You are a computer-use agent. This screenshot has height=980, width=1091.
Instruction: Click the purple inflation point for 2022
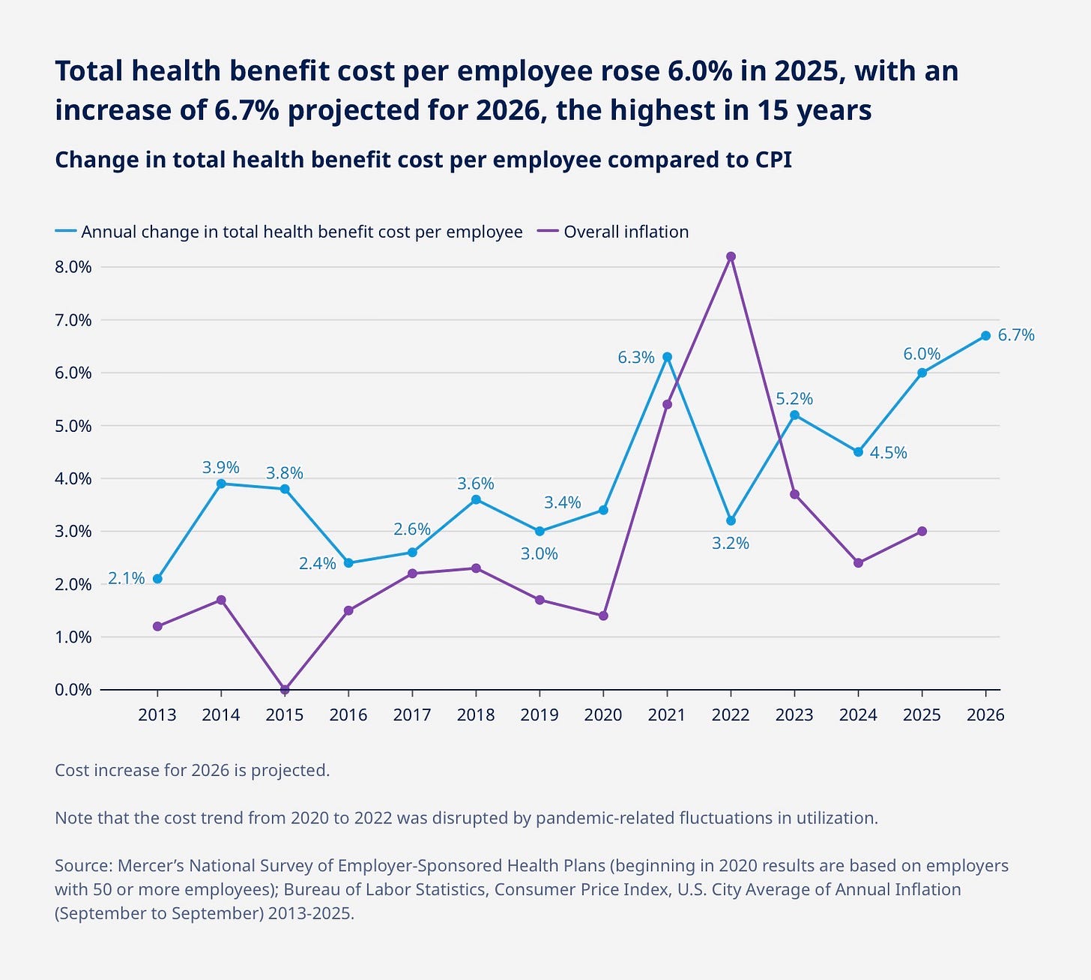731,256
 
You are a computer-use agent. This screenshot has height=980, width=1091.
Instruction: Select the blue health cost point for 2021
667,357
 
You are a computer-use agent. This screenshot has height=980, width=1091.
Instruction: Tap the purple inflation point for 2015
285,689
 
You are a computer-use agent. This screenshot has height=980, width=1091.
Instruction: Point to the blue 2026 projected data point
985,335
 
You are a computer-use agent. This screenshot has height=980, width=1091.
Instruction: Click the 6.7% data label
1016,335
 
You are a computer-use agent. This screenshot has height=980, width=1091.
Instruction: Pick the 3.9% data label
221,468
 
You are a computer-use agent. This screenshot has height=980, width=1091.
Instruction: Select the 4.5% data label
888,453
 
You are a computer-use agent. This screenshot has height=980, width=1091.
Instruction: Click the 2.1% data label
126,578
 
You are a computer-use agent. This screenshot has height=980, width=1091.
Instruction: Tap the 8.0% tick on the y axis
73,267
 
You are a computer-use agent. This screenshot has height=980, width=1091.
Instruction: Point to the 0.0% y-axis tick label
73,689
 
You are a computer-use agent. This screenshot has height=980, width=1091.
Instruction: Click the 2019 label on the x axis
540,715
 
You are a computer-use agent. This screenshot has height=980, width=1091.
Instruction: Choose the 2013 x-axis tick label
157,715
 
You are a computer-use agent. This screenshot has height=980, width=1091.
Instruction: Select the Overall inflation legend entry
626,232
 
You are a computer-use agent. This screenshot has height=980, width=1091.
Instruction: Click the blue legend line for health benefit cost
66,232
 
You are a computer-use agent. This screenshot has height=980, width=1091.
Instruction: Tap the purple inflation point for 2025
922,531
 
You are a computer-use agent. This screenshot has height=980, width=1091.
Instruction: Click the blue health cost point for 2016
348,562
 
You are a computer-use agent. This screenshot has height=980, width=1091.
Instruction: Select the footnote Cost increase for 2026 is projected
192,770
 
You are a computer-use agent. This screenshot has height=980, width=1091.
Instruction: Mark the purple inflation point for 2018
476,568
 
